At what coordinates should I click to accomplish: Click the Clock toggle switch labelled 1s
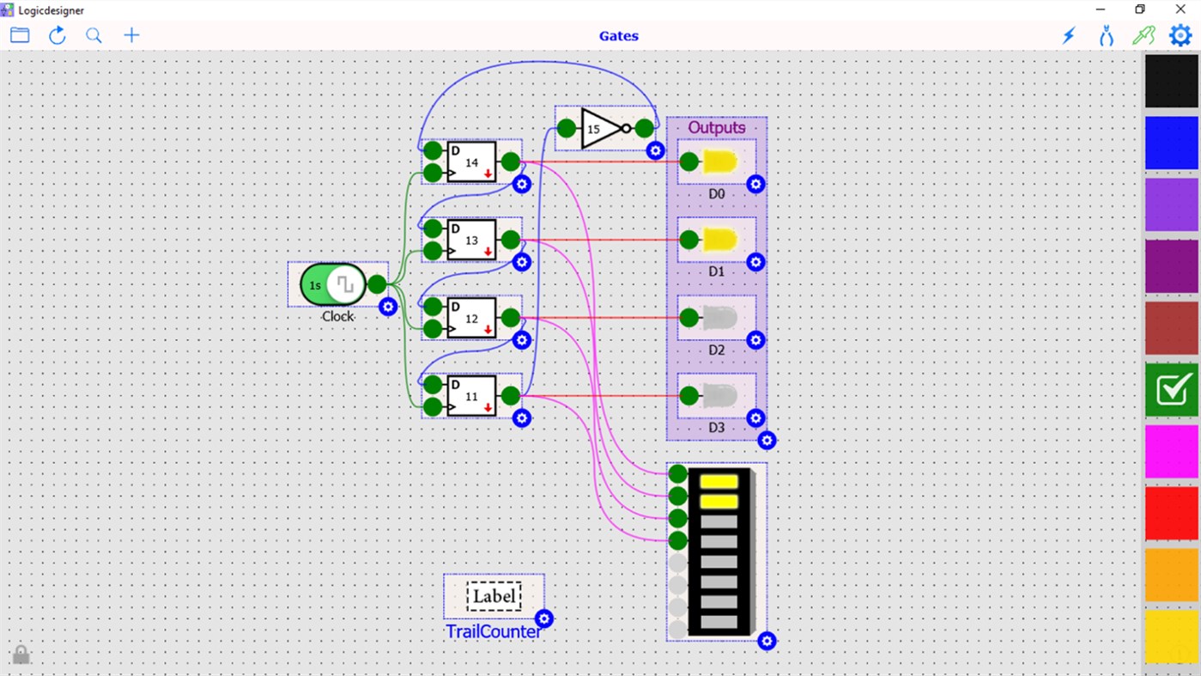pyautogui.click(x=333, y=284)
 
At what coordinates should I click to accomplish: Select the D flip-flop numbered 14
pyautogui.click(x=471, y=162)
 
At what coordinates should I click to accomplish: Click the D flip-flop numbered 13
pyautogui.click(x=471, y=241)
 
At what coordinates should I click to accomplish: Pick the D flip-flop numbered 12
pyautogui.click(x=471, y=319)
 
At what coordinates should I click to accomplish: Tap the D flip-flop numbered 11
pyautogui.click(x=471, y=397)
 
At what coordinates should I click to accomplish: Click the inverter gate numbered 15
pyautogui.click(x=601, y=129)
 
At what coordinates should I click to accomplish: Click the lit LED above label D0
pyautogui.click(x=719, y=162)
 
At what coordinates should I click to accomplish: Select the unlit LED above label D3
pyautogui.click(x=719, y=397)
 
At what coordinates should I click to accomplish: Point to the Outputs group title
pyautogui.click(x=716, y=127)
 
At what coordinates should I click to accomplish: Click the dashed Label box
pyautogui.click(x=494, y=596)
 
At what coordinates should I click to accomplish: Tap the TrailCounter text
pyautogui.click(x=494, y=631)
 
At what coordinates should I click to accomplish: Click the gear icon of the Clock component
pyautogui.click(x=388, y=307)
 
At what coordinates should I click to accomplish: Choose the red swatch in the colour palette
pyautogui.click(x=1171, y=514)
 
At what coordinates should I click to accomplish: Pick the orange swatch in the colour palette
pyautogui.click(x=1171, y=575)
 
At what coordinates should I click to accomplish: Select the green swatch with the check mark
pyautogui.click(x=1171, y=390)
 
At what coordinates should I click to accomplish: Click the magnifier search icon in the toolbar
pyautogui.click(x=94, y=35)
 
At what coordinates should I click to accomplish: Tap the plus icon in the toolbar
pyautogui.click(x=131, y=35)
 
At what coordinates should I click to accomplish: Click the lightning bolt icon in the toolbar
pyautogui.click(x=1069, y=35)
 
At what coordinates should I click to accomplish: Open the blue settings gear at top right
pyautogui.click(x=1180, y=35)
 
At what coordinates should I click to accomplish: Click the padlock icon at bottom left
pyautogui.click(x=21, y=655)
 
